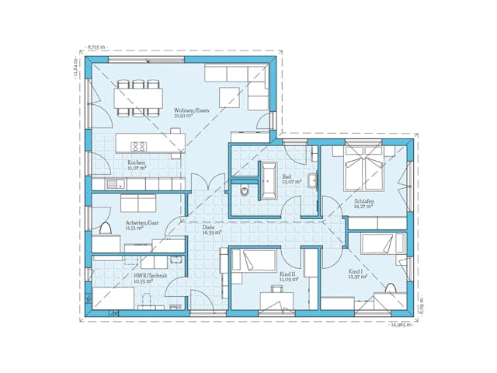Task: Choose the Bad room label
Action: coord(286,178)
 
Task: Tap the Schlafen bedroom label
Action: coord(363,201)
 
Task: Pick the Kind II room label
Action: coord(288,275)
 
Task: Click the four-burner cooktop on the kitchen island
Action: coord(140,145)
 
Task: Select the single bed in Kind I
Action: coord(383,244)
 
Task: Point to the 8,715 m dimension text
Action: coord(98,47)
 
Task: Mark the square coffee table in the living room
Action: coord(229,97)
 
